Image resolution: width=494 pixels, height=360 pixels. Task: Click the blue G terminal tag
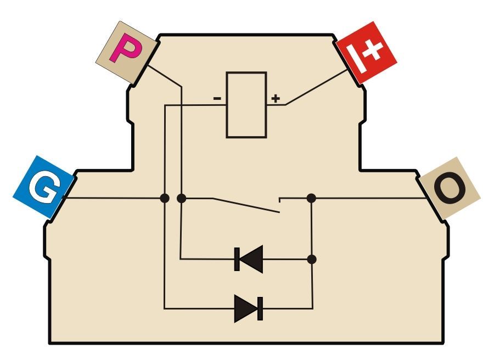click(x=43, y=187)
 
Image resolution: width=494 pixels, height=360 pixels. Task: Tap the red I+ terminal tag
click(x=367, y=53)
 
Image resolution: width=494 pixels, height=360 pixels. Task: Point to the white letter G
click(x=45, y=187)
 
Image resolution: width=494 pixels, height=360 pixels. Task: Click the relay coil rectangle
click(x=246, y=105)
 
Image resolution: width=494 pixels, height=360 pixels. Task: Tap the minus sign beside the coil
click(x=217, y=99)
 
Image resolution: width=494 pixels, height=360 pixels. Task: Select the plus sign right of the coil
click(x=276, y=98)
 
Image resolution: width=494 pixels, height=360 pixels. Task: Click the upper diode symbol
click(x=249, y=259)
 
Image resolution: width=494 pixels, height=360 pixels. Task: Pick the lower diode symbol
click(x=249, y=308)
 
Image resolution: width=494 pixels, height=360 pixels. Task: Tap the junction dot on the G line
click(x=165, y=198)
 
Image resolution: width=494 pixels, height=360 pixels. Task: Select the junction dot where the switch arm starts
click(x=181, y=198)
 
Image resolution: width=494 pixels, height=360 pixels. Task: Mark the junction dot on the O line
click(x=311, y=198)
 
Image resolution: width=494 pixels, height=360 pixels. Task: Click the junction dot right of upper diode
click(x=312, y=259)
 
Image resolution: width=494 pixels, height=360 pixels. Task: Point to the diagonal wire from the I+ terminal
click(x=316, y=87)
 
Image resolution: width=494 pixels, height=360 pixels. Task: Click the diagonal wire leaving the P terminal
click(x=165, y=76)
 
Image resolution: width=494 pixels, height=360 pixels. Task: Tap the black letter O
click(x=450, y=188)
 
